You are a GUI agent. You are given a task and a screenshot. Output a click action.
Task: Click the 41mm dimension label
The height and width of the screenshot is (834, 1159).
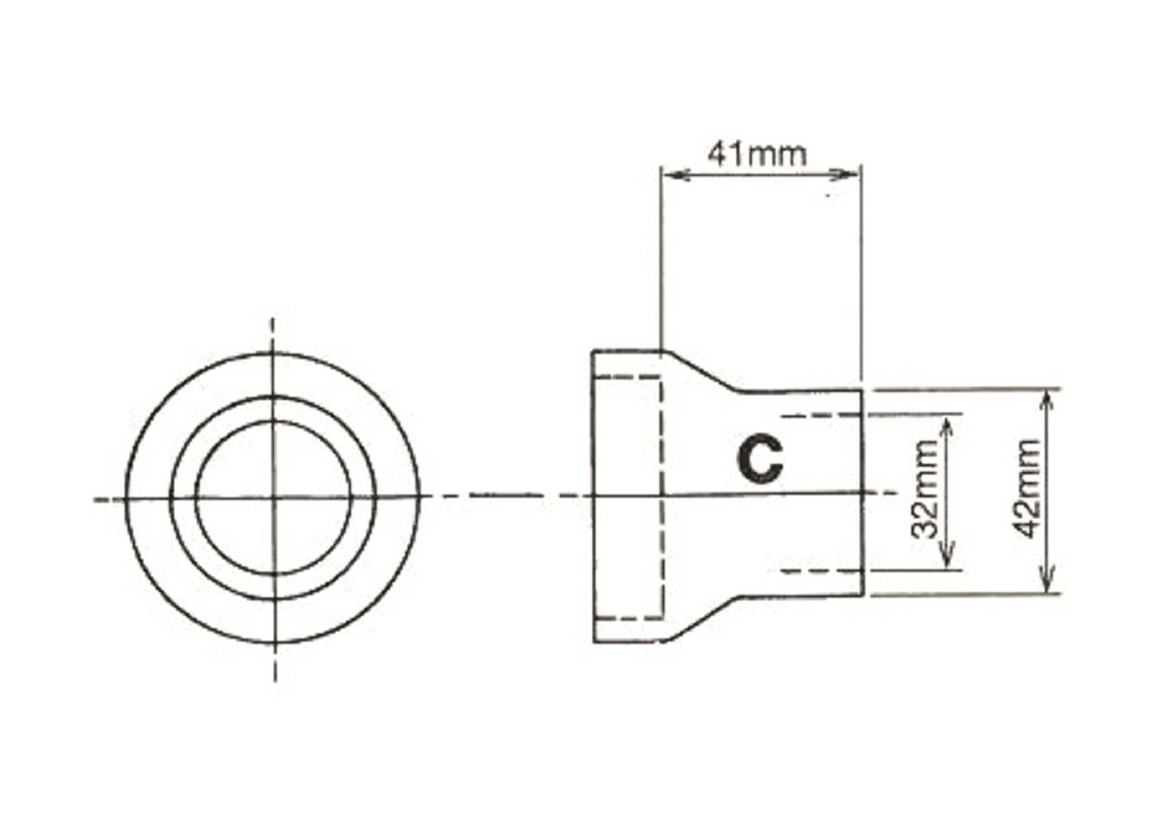pyautogui.click(x=757, y=153)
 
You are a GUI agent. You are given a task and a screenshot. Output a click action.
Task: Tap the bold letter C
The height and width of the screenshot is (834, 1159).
pyautogui.click(x=759, y=460)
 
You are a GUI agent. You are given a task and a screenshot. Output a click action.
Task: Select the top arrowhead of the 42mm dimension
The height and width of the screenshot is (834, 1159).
pyautogui.click(x=1046, y=400)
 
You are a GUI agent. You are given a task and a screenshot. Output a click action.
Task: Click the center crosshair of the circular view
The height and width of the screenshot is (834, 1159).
pyautogui.click(x=275, y=497)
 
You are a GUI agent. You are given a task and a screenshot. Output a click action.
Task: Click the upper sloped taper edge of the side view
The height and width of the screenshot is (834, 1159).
pyautogui.click(x=703, y=371)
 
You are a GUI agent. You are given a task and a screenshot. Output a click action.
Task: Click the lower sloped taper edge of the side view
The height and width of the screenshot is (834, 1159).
pyautogui.click(x=703, y=620)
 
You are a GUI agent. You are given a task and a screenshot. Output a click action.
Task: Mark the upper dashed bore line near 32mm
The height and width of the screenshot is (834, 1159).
pyautogui.click(x=820, y=414)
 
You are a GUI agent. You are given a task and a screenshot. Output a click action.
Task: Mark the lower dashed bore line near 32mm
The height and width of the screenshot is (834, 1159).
pyautogui.click(x=820, y=570)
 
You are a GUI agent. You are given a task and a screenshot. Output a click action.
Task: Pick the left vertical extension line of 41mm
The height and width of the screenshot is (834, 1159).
pyautogui.click(x=661, y=264)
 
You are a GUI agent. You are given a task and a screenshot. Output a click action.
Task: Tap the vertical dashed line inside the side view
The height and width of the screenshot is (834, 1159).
pyautogui.click(x=663, y=542)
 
